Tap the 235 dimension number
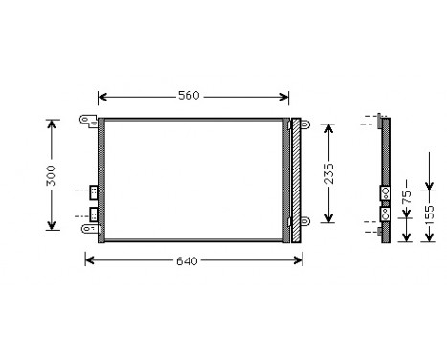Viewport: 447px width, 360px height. [327, 172]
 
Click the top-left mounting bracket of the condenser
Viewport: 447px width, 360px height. [89, 121]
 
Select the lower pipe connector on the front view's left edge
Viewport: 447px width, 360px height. [94, 213]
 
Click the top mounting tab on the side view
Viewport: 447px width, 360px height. [383, 121]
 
